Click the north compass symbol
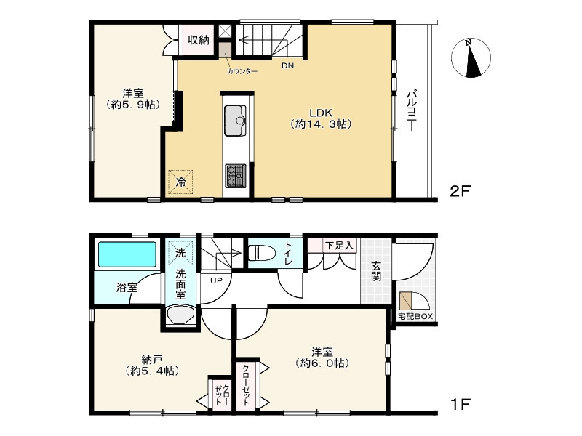click(x=471, y=58)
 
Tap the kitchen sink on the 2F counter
click(x=235, y=121)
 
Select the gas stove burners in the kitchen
click(x=235, y=176)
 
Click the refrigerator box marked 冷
click(x=180, y=182)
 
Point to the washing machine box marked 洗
click(x=180, y=253)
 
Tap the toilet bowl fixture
click(x=262, y=253)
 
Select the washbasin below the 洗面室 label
click(x=180, y=315)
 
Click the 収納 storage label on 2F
click(x=199, y=40)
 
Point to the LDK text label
click(x=321, y=113)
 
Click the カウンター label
click(x=242, y=71)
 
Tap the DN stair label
click(x=287, y=66)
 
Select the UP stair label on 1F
click(x=216, y=280)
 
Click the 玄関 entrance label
click(x=376, y=271)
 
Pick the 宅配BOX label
click(x=415, y=316)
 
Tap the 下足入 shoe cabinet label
click(x=339, y=245)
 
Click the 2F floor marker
click(x=461, y=192)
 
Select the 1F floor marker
click(x=461, y=404)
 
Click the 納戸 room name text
click(x=152, y=359)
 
